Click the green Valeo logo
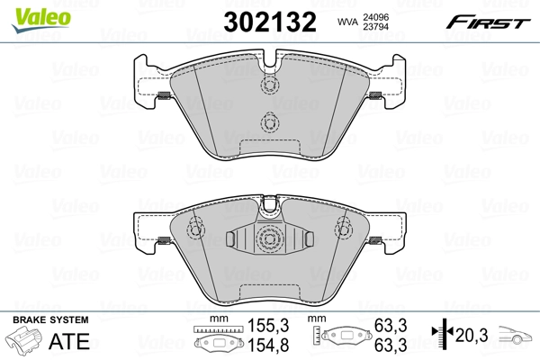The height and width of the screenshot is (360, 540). click(31, 13)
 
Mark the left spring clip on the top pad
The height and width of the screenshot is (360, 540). click(164, 97)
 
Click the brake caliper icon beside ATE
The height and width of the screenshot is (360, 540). click(27, 343)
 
